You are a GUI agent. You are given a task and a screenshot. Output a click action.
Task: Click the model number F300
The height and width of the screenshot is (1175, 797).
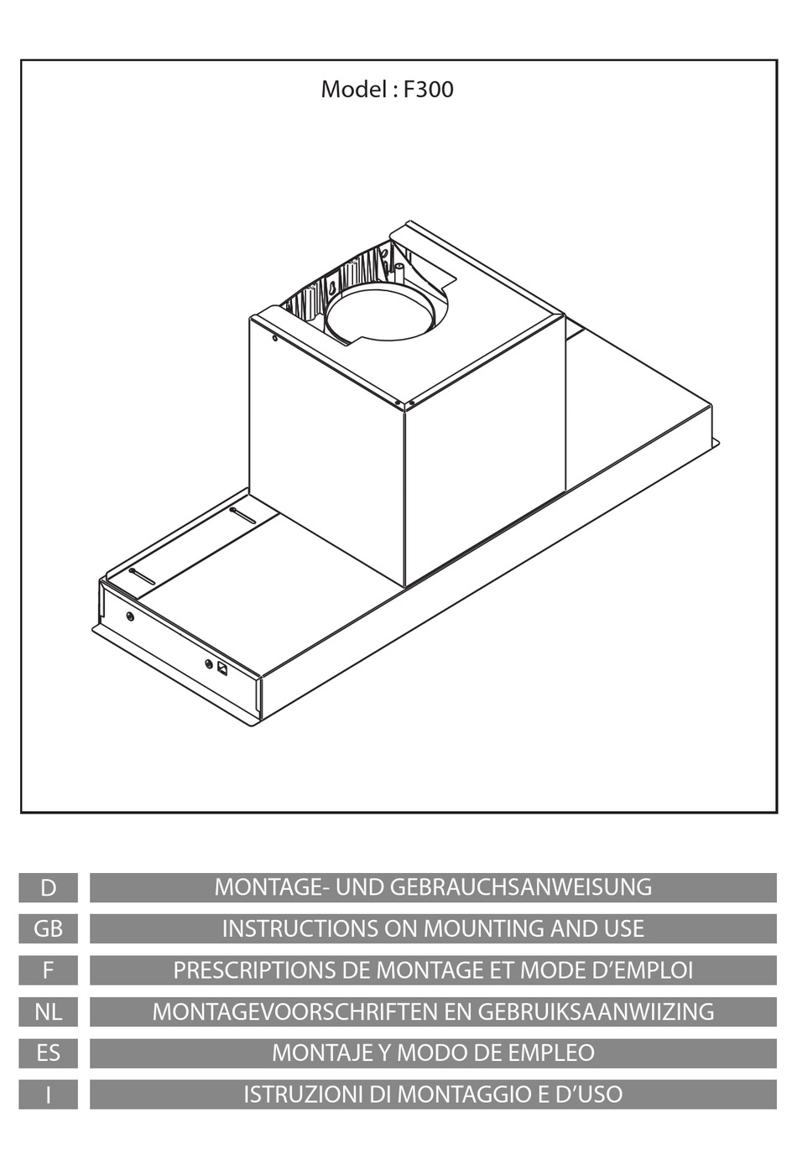(x=428, y=90)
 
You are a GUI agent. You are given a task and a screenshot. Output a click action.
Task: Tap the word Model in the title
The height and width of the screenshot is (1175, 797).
(x=352, y=90)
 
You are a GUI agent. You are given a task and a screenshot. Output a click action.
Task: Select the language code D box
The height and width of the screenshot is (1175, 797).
(x=48, y=887)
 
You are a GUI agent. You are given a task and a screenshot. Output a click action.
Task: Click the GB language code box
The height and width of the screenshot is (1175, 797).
(x=48, y=928)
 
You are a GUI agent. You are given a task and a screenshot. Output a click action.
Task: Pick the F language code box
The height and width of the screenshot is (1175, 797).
(x=48, y=970)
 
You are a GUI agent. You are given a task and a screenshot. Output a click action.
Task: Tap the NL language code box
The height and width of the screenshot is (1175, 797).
(x=48, y=1011)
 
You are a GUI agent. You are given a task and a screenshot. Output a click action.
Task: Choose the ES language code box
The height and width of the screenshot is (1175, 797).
(x=48, y=1053)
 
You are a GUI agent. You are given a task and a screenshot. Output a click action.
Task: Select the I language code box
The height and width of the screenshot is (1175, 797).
(x=48, y=1094)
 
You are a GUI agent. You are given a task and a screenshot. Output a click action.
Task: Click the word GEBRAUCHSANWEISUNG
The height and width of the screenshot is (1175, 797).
(x=520, y=887)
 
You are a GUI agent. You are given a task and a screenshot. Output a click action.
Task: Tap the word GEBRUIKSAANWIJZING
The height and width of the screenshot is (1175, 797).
(x=596, y=1011)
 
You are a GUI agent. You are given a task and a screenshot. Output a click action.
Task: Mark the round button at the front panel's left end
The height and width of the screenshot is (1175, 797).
(x=129, y=616)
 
